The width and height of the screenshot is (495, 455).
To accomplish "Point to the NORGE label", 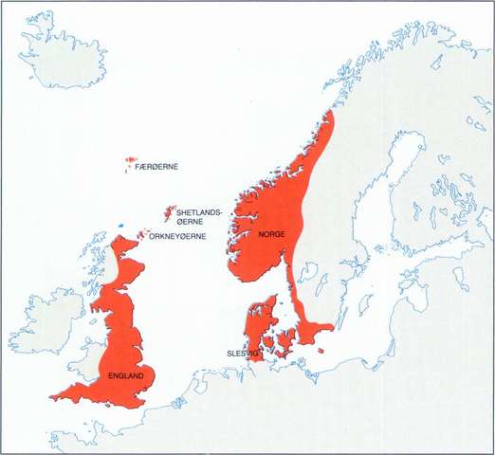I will [272, 233].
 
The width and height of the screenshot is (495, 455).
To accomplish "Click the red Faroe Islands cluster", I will [129, 165].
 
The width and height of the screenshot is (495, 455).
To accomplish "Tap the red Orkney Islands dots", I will [143, 233].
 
